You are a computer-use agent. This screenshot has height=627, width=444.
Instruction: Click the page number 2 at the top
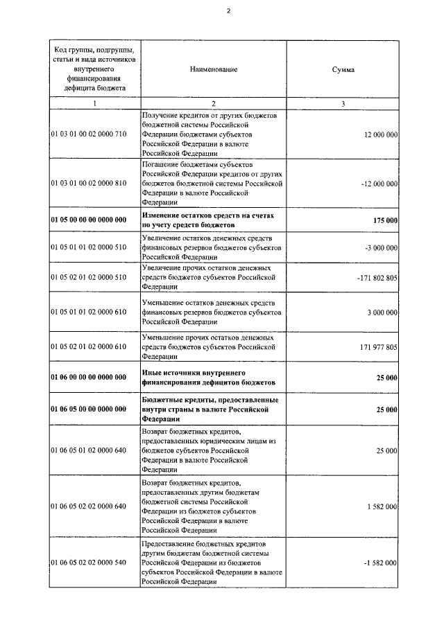(x=226, y=10)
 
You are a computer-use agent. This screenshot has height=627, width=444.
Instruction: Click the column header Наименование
(x=213, y=70)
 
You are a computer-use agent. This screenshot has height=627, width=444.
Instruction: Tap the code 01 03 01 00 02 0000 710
(x=88, y=134)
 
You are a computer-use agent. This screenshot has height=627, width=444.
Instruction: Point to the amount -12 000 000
(x=378, y=184)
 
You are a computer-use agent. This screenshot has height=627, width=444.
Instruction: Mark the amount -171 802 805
(x=375, y=277)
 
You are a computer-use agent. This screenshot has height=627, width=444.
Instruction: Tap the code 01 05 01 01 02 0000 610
(x=88, y=312)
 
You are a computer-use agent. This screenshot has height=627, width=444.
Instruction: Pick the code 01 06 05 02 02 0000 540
(x=88, y=563)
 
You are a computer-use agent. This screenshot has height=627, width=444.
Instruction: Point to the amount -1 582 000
(x=379, y=563)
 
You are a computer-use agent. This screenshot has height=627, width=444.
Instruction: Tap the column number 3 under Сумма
(x=343, y=103)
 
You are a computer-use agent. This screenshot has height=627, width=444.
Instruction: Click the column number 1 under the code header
(x=94, y=103)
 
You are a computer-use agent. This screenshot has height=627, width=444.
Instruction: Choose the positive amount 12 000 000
(x=380, y=134)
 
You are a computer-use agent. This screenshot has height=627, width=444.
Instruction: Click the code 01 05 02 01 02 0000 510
(x=88, y=277)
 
